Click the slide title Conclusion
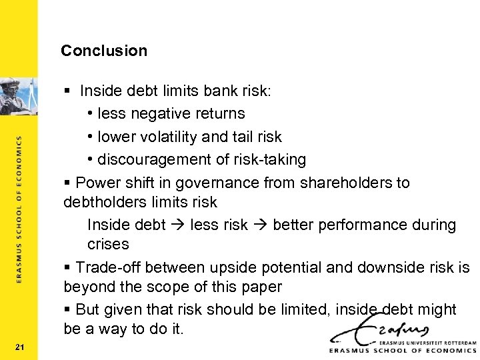click(104, 51)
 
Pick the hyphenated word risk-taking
click(269, 160)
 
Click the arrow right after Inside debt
click(177, 225)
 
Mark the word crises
click(108, 244)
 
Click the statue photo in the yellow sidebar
click(19, 93)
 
